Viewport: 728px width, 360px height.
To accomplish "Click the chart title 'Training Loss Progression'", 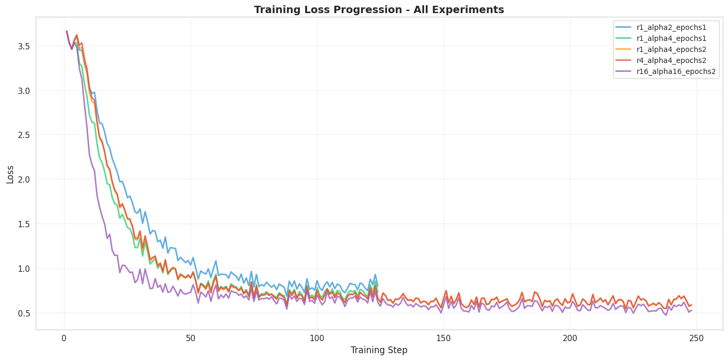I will tap(378, 9).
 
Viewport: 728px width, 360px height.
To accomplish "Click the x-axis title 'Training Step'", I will tap(378, 350).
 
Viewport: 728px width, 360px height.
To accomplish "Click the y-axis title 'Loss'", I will tap(10, 174).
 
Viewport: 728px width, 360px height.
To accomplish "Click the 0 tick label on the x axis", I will tap(64, 338).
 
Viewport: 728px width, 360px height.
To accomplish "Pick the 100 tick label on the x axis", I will tap(317, 338).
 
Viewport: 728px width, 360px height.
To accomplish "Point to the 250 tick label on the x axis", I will tap(697, 338).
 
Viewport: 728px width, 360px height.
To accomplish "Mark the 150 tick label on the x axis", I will tap(444, 338).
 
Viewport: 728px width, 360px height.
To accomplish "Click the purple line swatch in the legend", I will tap(624, 71).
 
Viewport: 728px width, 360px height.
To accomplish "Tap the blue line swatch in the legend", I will tap(624, 27).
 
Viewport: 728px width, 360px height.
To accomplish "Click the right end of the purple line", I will tap(691, 310).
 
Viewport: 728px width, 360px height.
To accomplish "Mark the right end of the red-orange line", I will tap(691, 305).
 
